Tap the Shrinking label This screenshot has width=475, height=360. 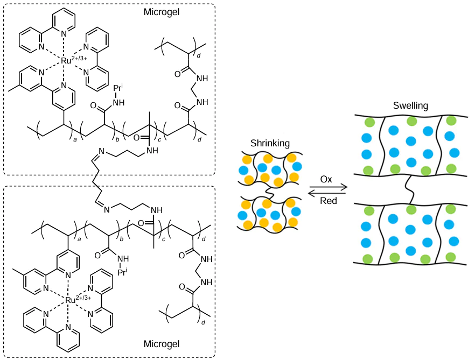click(270, 143)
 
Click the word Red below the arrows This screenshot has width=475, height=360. click(327, 201)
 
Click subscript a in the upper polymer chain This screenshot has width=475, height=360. click(75, 139)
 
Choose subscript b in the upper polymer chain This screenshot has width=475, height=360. click(118, 139)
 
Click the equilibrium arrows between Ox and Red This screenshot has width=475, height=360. click(327, 190)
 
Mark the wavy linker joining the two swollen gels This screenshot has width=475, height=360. click(410, 189)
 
